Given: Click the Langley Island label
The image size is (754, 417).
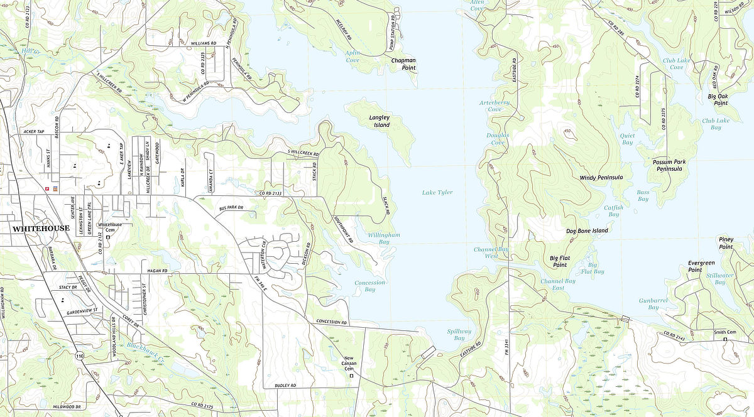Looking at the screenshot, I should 380,121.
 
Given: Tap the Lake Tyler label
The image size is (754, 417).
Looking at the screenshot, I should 437,192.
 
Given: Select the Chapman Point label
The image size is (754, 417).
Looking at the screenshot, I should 403,64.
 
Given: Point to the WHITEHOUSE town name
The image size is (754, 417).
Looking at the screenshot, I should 41,229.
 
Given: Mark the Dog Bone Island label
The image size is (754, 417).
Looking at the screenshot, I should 587,230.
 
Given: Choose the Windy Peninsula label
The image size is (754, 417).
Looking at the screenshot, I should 601,178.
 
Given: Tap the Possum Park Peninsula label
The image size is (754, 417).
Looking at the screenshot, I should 669,165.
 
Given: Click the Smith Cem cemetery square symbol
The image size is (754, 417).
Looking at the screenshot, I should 724,340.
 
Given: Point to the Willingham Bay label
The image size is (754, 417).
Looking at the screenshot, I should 384,238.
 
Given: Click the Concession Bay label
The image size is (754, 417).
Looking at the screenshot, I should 369,286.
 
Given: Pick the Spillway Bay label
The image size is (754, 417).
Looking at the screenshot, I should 459,334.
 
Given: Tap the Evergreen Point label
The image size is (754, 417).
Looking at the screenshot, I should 701,266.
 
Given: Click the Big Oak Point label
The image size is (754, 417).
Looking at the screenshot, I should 718,99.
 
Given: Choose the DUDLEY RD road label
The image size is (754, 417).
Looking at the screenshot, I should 285,385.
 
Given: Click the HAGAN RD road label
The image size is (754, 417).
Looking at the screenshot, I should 157,271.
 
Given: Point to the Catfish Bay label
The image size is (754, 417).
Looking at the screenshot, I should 613,210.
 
